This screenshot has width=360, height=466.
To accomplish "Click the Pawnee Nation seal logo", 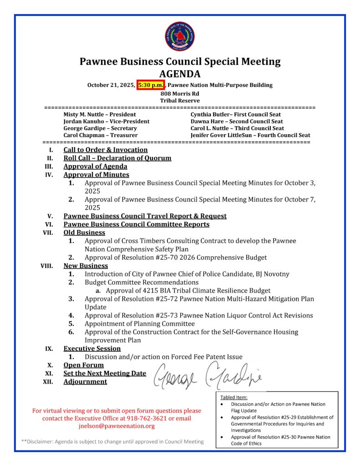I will click(x=180, y=36).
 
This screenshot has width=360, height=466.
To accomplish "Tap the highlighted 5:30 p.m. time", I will click(x=151, y=85).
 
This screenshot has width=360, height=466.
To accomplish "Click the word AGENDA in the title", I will click(x=180, y=74).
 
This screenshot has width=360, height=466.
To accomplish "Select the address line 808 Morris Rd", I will click(x=180, y=93).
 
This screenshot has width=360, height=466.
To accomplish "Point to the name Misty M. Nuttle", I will click(x=85, y=115).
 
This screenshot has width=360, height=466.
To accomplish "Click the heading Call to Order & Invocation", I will click(x=106, y=150).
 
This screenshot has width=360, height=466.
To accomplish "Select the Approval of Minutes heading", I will click(x=96, y=175).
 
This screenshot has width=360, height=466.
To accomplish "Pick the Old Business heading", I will click(x=84, y=233).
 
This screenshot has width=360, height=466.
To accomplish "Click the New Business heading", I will click(x=86, y=266).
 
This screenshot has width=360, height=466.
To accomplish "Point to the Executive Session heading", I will click(x=92, y=349).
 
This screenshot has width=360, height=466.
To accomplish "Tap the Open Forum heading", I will click(x=83, y=365).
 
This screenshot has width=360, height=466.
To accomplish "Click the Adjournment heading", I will click(x=85, y=381).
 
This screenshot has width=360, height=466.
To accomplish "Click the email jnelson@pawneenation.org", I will click(x=117, y=426).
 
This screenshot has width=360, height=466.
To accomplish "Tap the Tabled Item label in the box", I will click(x=234, y=397).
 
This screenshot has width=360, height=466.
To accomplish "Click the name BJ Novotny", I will click(x=272, y=274).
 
